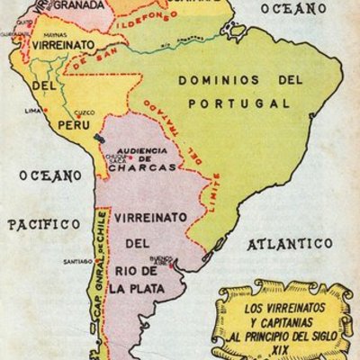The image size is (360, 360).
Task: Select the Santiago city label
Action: pyautogui.click(x=75, y=262)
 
